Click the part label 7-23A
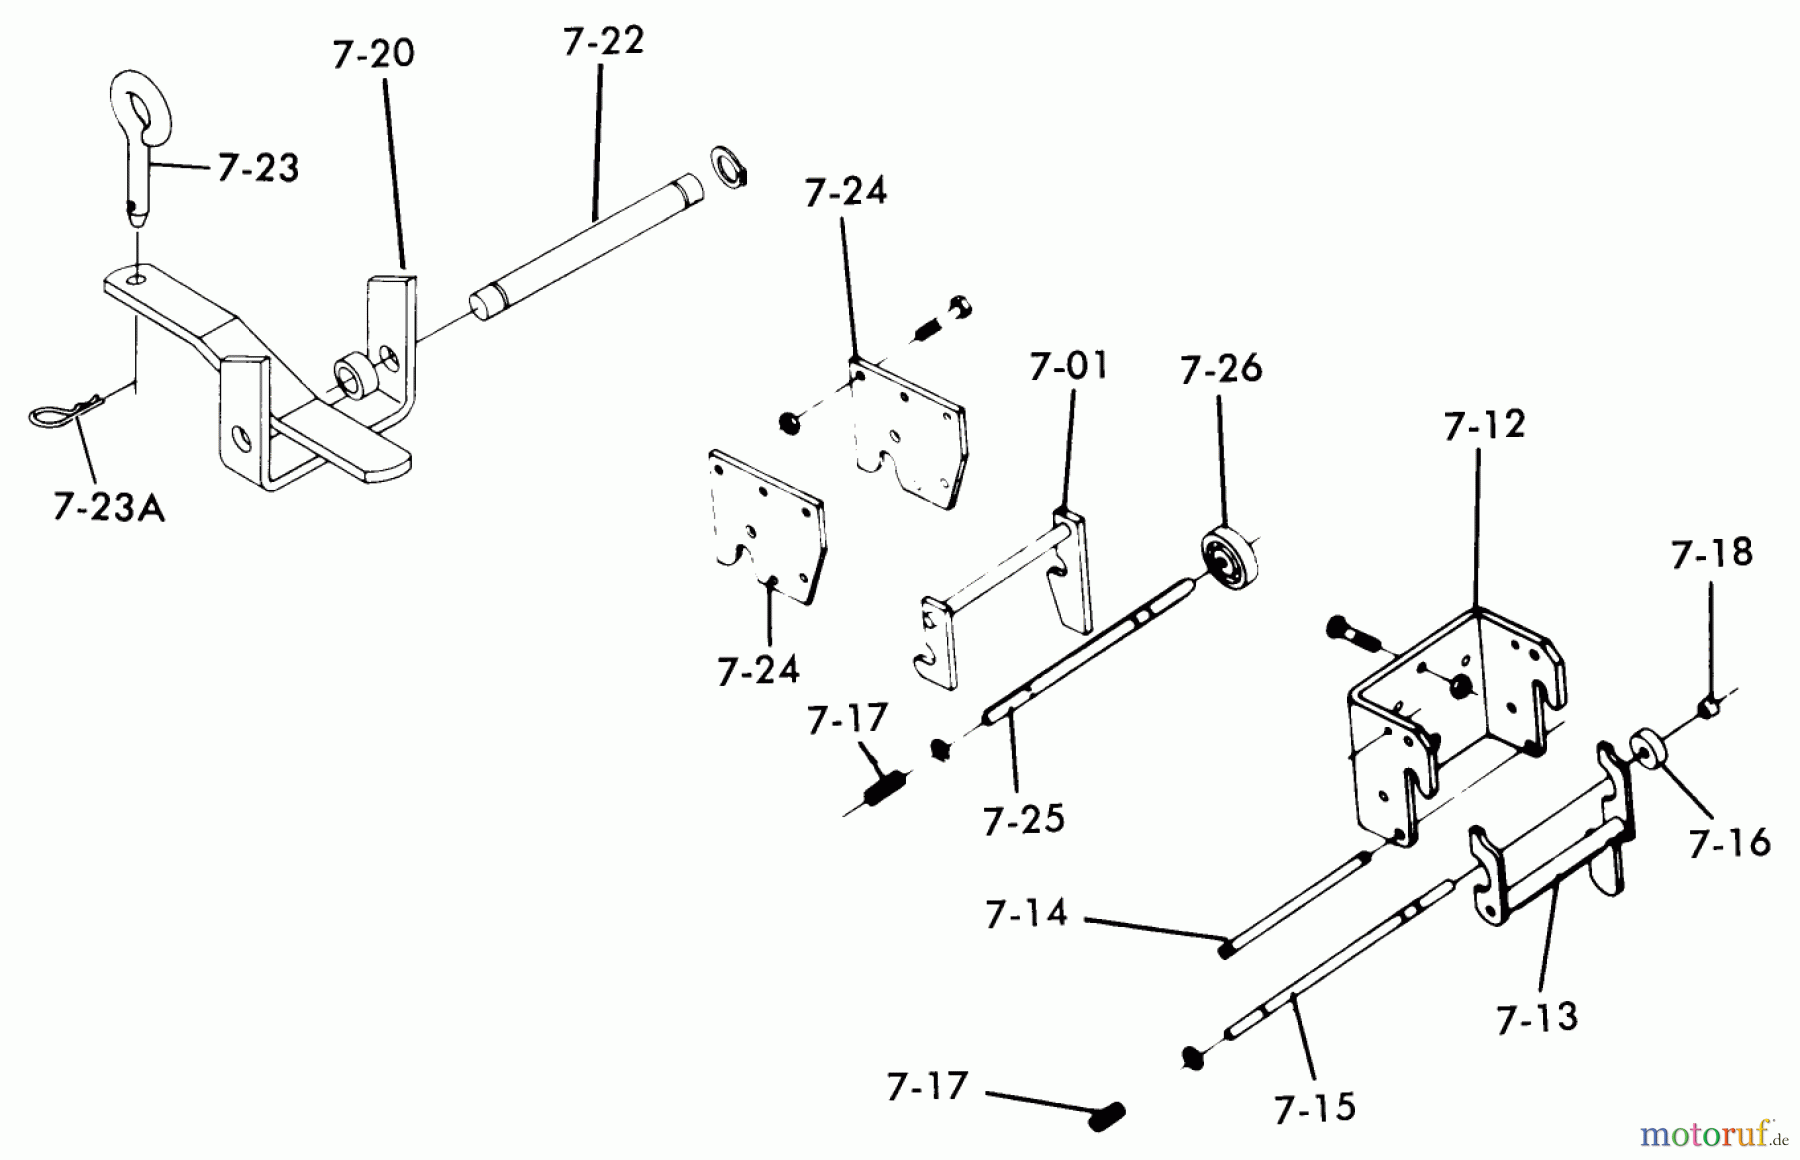point(109,508)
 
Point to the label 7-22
point(603,41)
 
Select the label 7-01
point(1069,366)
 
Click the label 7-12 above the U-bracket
point(1484,425)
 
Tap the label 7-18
point(1711,552)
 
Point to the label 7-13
point(1537,1018)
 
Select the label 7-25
point(1024,820)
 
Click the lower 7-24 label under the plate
point(758,670)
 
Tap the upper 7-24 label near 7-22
point(846,190)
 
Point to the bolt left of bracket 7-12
point(1351,633)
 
